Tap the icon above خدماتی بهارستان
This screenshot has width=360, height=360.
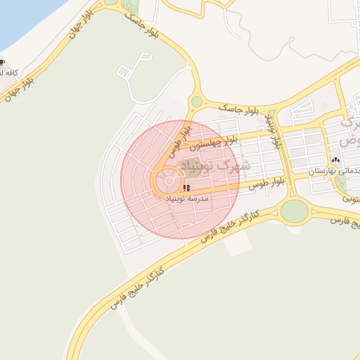coord(335,160)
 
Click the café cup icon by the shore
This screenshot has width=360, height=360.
coord(2,62)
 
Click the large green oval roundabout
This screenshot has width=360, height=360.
coord(294,210)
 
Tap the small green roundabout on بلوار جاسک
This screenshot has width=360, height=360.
coord(197,102)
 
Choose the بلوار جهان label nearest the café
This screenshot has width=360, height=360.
coord(21,87)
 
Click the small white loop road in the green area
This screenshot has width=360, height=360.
coord(124,71)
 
